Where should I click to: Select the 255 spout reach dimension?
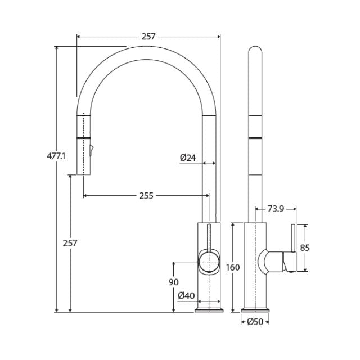(x=146, y=196)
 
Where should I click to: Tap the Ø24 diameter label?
(x=188, y=158)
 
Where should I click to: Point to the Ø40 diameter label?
(x=186, y=295)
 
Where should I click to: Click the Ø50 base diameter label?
(x=256, y=322)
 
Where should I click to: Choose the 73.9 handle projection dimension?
(x=275, y=209)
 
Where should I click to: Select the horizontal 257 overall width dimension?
(x=148, y=37)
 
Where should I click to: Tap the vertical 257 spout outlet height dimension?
(x=70, y=243)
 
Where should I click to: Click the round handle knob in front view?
(x=208, y=262)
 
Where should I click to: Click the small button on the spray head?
(x=91, y=150)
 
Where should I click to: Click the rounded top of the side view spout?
(x=255, y=51)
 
